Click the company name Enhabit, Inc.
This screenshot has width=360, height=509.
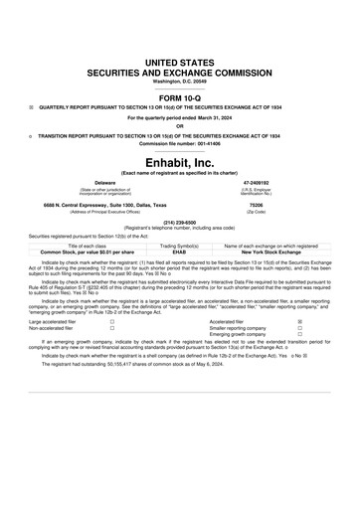click(x=179, y=159)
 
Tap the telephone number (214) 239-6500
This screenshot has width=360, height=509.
click(x=180, y=222)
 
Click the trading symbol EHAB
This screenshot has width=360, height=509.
click(x=179, y=252)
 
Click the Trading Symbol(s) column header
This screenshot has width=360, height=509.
click(x=179, y=245)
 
